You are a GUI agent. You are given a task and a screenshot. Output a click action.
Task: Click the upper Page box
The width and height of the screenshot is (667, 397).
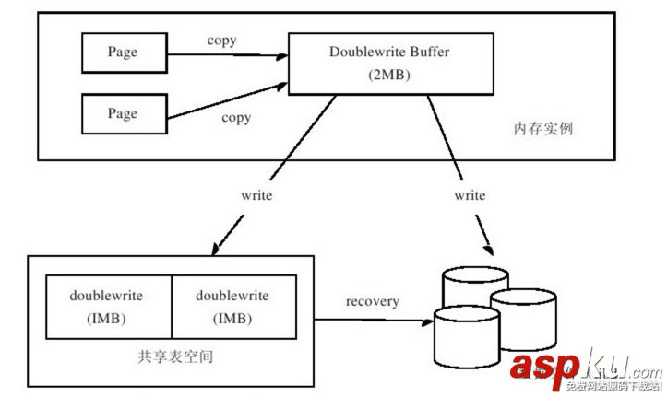123,53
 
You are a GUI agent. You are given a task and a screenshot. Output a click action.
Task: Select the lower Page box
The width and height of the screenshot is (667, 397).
123,113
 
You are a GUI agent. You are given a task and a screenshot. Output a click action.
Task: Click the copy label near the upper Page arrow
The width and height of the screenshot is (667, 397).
221,41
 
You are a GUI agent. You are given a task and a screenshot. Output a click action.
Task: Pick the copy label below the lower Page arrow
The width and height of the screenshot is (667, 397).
236,118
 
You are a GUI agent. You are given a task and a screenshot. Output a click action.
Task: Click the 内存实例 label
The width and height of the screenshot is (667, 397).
542,129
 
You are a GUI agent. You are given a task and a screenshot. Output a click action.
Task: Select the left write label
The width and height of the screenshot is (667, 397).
256,196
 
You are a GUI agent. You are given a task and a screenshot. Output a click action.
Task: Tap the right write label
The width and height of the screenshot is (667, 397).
470,196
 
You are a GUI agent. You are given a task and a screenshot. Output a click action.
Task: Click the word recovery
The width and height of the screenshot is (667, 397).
373,301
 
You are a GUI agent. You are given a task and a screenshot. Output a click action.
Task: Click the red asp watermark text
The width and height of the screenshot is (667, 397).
544,367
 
